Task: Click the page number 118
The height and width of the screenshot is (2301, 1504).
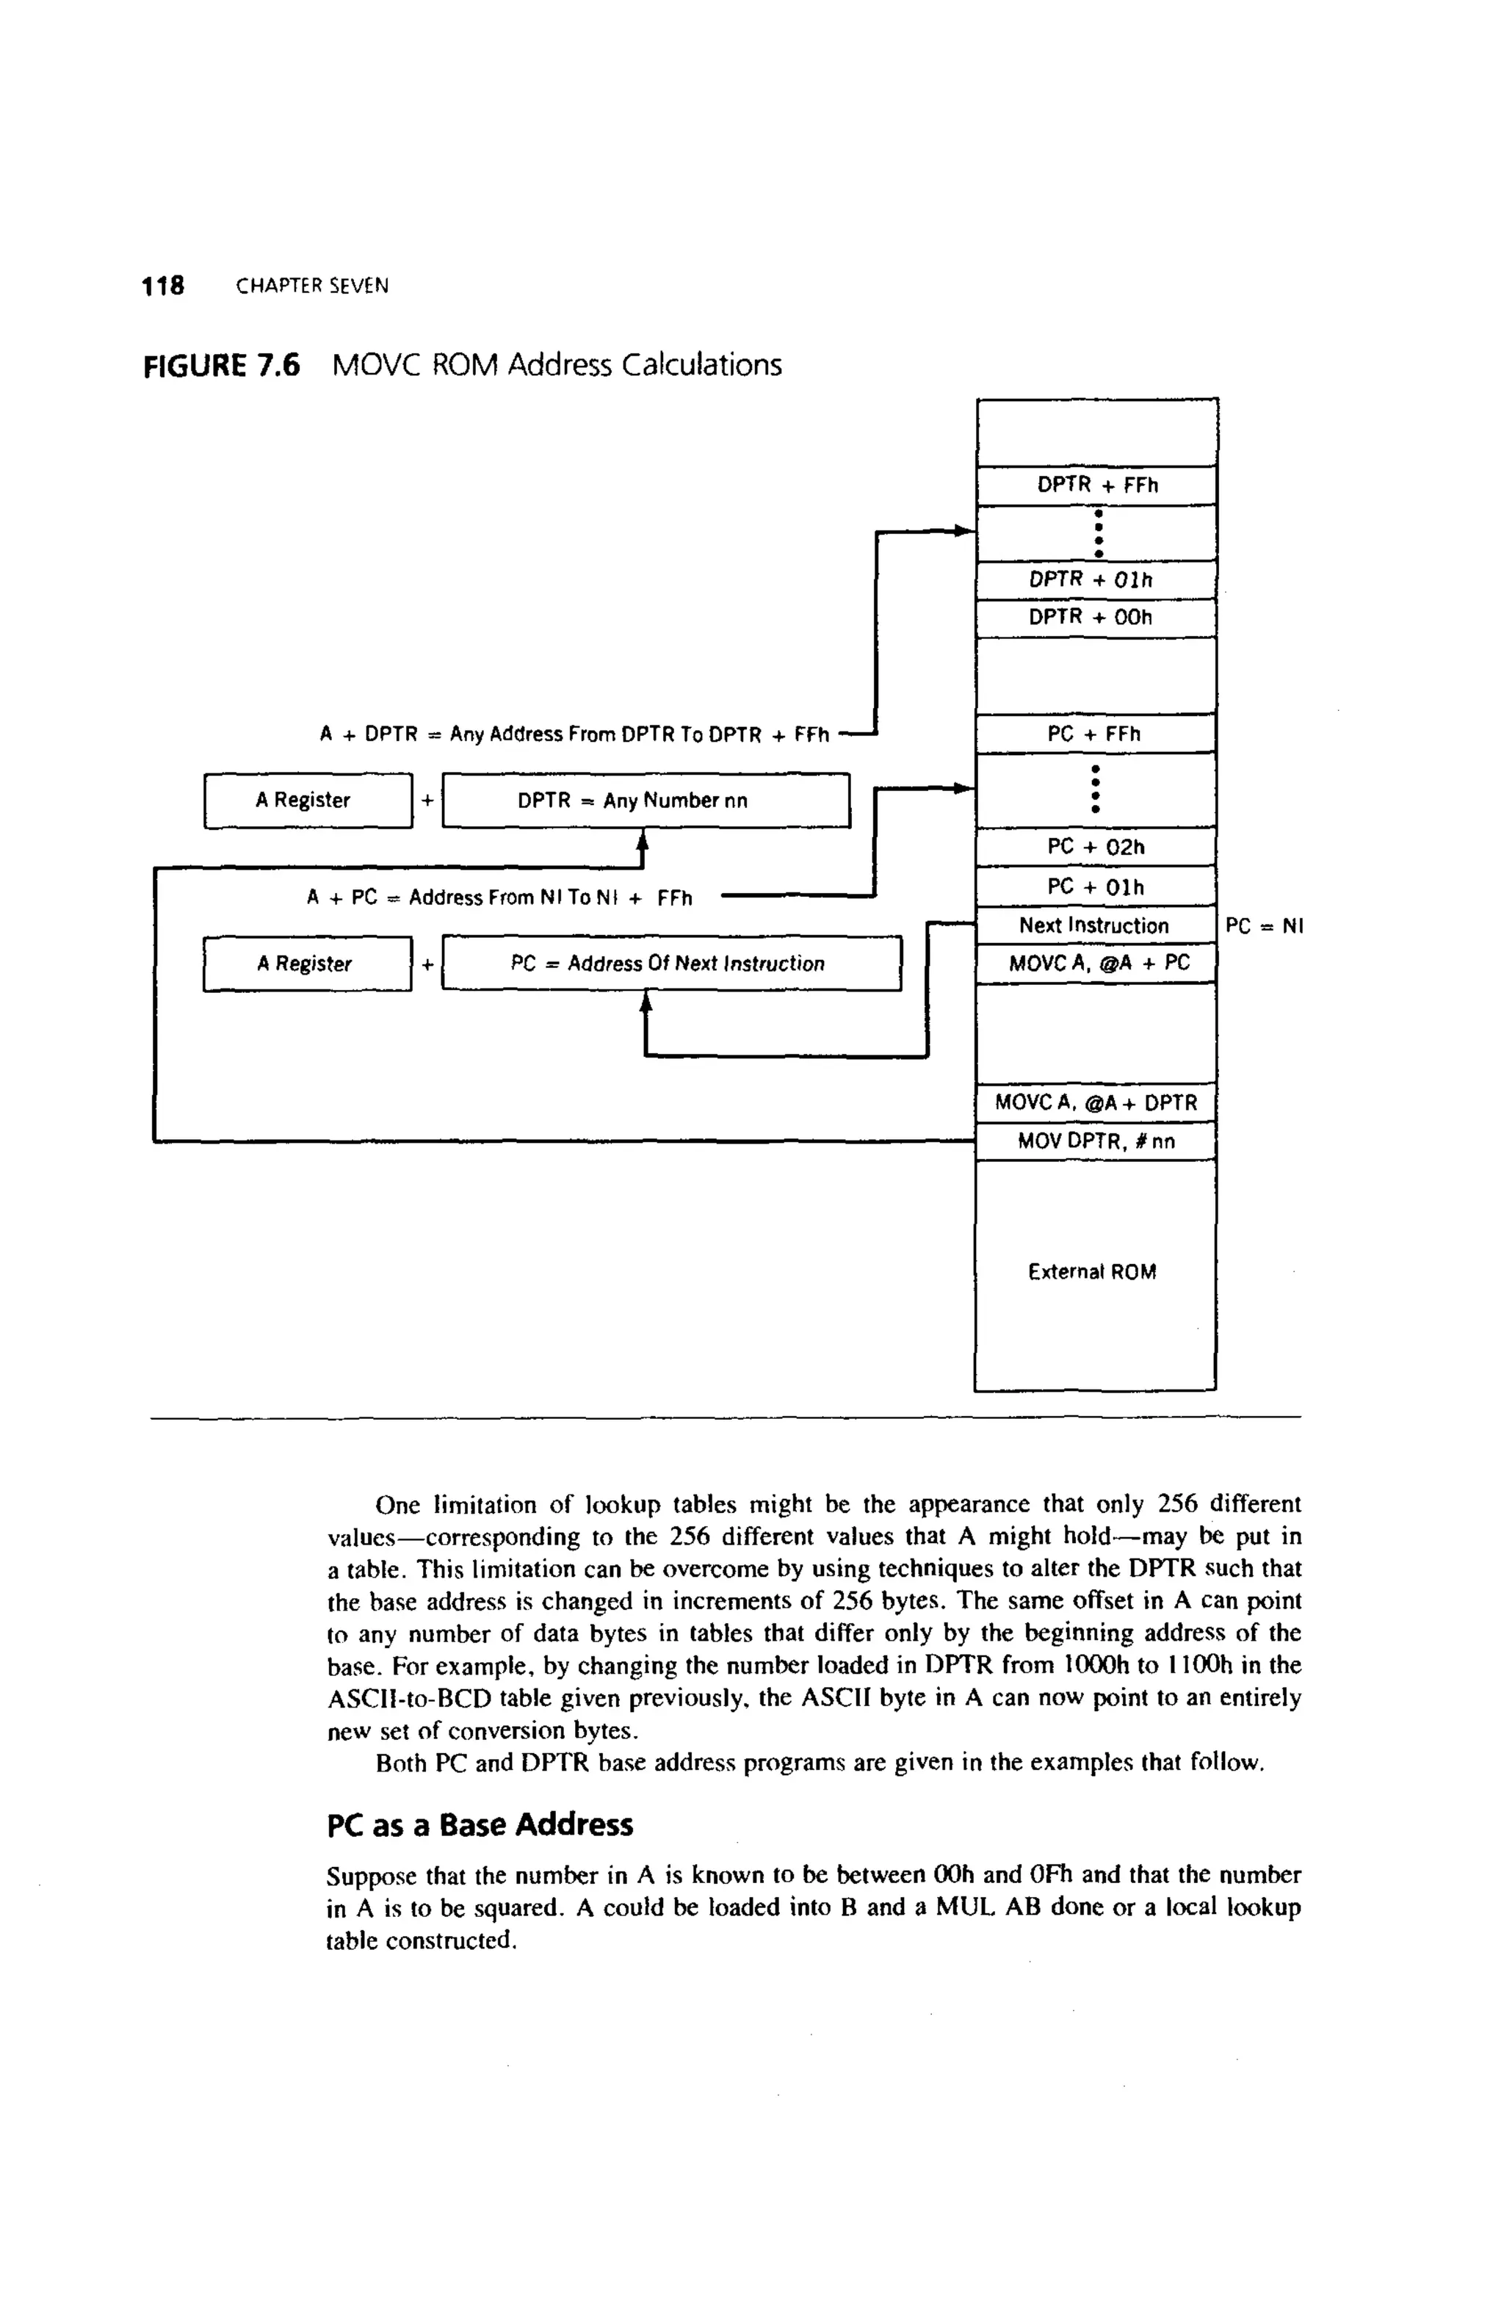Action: pyautogui.click(x=162, y=286)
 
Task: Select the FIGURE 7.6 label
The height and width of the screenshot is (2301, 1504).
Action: pyautogui.click(x=221, y=366)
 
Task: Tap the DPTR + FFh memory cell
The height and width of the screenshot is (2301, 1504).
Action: pyautogui.click(x=1096, y=485)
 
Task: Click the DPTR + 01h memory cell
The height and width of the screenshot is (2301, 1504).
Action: pyautogui.click(x=1096, y=580)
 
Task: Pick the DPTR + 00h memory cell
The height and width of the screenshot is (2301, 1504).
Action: pyautogui.click(x=1096, y=618)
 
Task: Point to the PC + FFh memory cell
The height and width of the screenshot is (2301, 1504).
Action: pyautogui.click(x=1096, y=734)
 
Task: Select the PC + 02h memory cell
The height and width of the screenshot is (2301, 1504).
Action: pyautogui.click(x=1096, y=847)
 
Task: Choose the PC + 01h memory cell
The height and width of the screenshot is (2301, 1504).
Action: pyautogui.click(x=1096, y=886)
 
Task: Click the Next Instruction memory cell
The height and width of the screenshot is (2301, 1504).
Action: pyautogui.click(x=1094, y=925)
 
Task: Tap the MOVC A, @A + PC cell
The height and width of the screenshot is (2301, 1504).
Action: pyautogui.click(x=1096, y=963)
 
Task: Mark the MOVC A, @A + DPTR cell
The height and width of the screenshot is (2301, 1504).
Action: pyautogui.click(x=1096, y=1102)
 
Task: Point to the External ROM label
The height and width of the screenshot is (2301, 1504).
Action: pyautogui.click(x=1092, y=1272)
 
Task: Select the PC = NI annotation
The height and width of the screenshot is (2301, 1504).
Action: pyautogui.click(x=1265, y=926)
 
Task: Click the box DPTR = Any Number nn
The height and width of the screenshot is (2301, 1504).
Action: pyautogui.click(x=646, y=801)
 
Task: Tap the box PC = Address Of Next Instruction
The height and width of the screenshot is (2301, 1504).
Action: pyautogui.click(x=670, y=964)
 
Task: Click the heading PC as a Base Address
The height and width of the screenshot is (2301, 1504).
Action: pyautogui.click(x=480, y=1825)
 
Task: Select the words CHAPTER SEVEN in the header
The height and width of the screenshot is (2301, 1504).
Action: pyautogui.click(x=312, y=286)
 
